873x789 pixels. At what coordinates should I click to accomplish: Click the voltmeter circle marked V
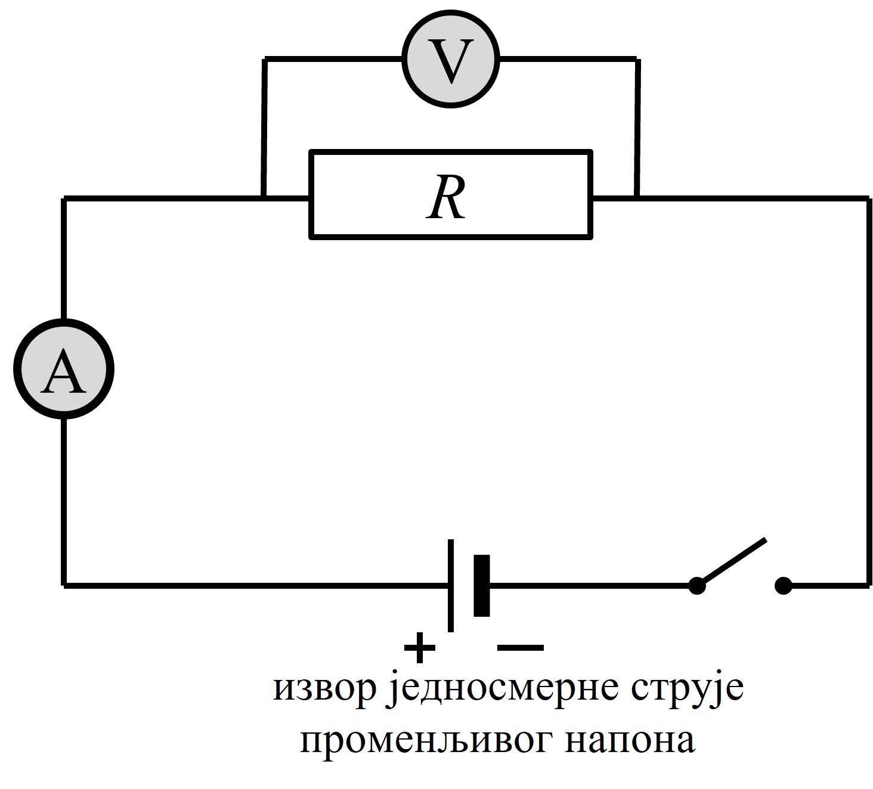451,59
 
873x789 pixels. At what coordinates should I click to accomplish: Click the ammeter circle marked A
63,369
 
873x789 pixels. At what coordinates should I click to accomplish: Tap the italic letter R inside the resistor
445,197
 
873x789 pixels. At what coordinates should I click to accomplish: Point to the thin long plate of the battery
450,585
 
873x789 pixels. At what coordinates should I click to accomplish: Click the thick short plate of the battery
481,585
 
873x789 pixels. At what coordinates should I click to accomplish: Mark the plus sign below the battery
420,647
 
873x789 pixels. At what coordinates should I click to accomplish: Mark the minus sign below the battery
519,647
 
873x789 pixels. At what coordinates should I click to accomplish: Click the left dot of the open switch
696,585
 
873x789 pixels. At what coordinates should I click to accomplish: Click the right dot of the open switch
784,585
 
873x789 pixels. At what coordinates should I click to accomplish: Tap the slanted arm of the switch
733,560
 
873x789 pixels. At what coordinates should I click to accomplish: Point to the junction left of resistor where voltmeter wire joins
263,197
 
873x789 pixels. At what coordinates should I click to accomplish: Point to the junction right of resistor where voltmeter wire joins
637,197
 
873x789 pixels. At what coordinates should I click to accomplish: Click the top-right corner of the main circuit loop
868,198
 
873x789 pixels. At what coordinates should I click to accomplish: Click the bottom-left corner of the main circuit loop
64,585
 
